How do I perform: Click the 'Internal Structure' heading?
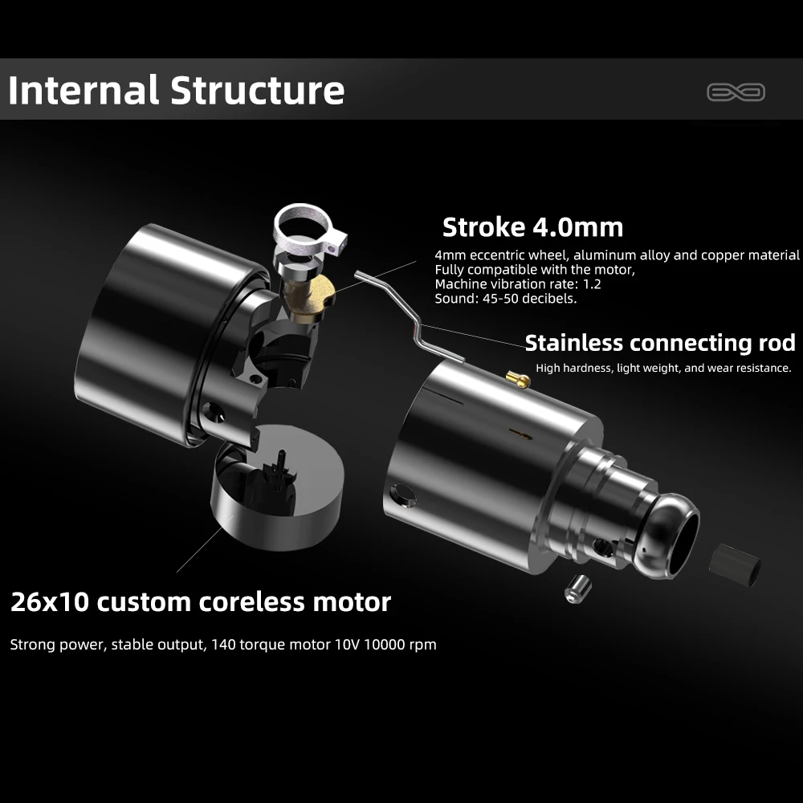[176, 90]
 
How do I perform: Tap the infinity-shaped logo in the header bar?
[736, 92]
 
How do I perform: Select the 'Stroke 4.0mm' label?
[532, 227]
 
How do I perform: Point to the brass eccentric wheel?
[312, 296]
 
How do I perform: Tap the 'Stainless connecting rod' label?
[660, 343]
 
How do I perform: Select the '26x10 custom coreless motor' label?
[201, 601]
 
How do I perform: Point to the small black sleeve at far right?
[735, 565]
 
